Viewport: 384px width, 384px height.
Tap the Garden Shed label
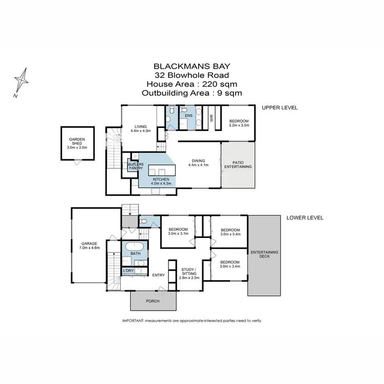pyautogui.click(x=77, y=143)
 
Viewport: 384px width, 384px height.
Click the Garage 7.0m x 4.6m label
pyautogui.click(x=90, y=245)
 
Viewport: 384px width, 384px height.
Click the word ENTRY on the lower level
pyautogui.click(x=158, y=275)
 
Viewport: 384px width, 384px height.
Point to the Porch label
pyautogui.click(x=152, y=301)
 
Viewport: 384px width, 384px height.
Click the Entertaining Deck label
pyautogui.click(x=264, y=254)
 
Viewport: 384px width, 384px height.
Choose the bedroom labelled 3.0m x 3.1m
pyautogui.click(x=178, y=231)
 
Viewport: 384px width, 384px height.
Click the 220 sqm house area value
pyautogui.click(x=222, y=84)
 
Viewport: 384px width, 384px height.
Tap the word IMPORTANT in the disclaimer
pyautogui.click(x=133, y=321)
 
